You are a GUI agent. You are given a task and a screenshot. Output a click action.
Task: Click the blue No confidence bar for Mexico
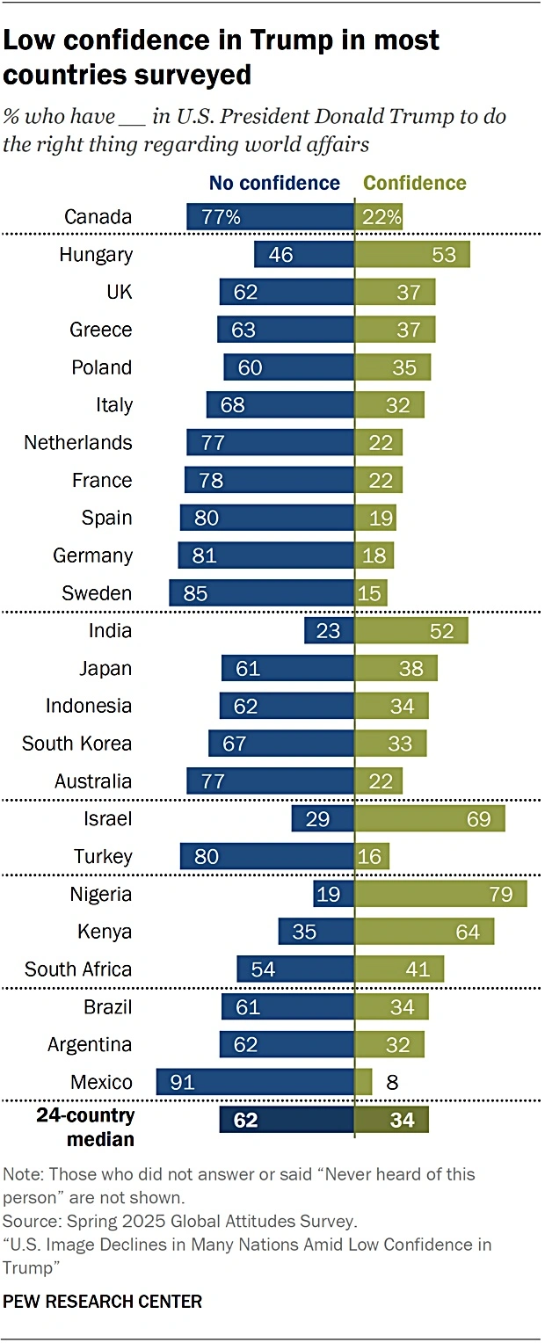[255, 1082]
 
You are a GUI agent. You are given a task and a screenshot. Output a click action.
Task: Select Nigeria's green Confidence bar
[440, 894]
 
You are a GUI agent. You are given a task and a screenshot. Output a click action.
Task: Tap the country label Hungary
[96, 255]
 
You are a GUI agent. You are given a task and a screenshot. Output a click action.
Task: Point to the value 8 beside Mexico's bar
[392, 1082]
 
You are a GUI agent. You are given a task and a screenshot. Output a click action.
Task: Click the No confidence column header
[274, 183]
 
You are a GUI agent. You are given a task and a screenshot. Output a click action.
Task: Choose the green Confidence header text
[415, 183]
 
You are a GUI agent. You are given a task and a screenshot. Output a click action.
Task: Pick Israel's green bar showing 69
[430, 819]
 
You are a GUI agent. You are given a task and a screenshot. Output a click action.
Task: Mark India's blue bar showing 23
[329, 630]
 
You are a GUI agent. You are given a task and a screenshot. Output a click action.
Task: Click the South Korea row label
[76, 744]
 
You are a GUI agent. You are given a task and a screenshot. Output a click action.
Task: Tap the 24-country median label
[85, 1128]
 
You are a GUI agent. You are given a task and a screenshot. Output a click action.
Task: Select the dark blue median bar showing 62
[287, 1120]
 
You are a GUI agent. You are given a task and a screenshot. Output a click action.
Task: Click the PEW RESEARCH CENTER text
[103, 1302]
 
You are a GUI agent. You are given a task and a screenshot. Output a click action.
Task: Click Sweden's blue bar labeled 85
[262, 593]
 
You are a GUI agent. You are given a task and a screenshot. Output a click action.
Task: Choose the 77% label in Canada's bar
[222, 217]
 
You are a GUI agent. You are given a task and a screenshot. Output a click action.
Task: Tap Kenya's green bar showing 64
[424, 932]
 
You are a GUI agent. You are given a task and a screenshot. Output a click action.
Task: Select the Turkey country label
[103, 856]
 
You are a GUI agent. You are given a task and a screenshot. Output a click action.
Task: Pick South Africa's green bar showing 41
[399, 969]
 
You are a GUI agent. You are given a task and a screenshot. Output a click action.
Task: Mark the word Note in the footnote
[21, 1174]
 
